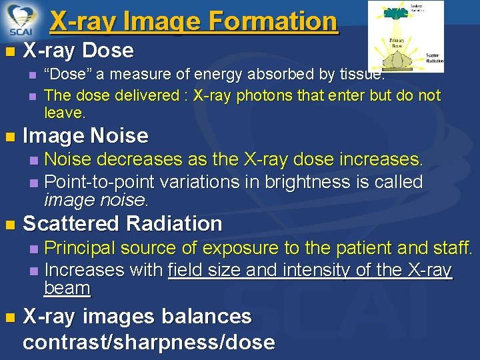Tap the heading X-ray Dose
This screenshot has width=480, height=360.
click(x=78, y=51)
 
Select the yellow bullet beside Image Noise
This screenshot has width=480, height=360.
click(x=8, y=137)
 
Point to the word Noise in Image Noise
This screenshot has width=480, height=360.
click(x=119, y=136)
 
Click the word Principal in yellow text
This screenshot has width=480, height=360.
click(x=85, y=248)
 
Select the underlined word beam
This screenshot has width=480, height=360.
click(x=67, y=288)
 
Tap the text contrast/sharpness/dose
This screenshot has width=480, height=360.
click(x=148, y=342)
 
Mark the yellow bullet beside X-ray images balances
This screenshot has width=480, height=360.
click(x=8, y=317)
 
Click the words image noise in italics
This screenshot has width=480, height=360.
click(x=95, y=199)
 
